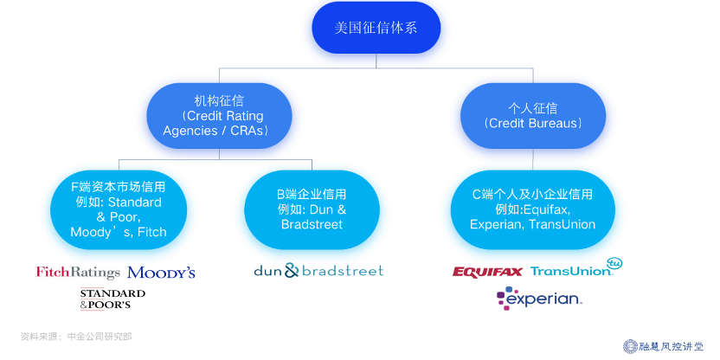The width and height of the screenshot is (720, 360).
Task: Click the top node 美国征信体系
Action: point(376,29)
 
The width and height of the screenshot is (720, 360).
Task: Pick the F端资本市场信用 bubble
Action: point(118,209)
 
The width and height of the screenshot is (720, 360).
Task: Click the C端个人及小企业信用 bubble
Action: point(532,209)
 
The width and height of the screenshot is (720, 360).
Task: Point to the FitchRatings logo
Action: point(78,273)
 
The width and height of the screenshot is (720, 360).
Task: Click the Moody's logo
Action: point(161,273)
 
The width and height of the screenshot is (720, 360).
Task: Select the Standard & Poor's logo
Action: point(112,299)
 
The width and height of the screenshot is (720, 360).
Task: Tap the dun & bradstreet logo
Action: point(318,271)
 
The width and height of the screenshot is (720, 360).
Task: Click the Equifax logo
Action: point(487,272)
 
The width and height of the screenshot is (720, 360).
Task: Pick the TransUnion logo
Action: point(571,271)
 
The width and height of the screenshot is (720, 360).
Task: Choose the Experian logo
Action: point(538,299)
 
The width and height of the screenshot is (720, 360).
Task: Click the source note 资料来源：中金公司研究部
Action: point(76,336)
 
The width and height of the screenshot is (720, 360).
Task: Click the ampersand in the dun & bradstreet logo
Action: point(291,271)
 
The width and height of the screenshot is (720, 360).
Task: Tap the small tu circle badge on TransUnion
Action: point(615,262)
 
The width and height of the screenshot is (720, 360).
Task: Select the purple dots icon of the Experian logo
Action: point(504,299)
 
